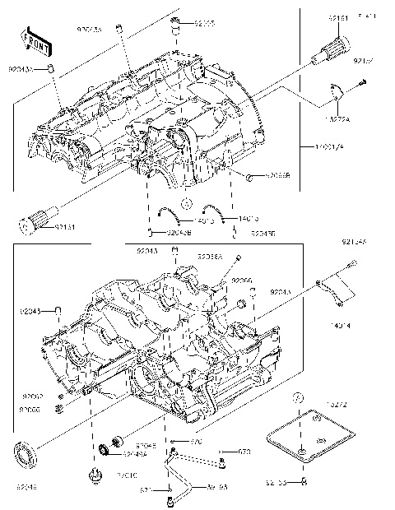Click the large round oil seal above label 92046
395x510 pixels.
tap(26, 452)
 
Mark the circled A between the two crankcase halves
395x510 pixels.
tap(187, 202)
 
